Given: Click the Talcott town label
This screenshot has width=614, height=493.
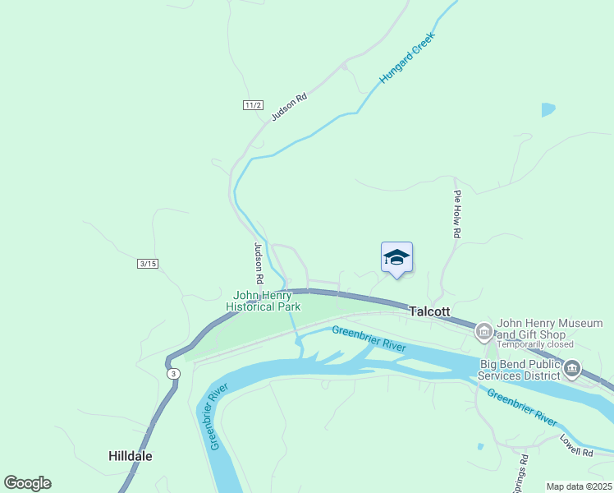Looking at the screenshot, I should pos(430,311).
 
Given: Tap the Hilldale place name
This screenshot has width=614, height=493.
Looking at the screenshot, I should pos(131,455).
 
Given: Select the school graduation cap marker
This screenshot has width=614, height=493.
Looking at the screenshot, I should pos(396,258).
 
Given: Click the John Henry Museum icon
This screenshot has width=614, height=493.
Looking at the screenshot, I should pos(483,332).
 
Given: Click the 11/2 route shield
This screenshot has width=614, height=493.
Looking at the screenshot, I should pos(253,105).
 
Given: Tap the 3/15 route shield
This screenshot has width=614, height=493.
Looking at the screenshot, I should pos(148,263).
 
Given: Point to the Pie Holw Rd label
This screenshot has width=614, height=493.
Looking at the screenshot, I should pos(457,215).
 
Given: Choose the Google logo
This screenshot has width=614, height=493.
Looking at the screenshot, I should pos(27,483).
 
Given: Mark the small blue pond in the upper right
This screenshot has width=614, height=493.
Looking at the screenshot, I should pos(548,109).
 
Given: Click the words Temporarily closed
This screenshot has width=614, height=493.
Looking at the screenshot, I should pos(535,344).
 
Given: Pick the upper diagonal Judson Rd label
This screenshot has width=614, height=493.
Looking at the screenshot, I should pos(289,107).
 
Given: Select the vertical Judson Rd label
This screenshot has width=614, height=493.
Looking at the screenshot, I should pos(258,263).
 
